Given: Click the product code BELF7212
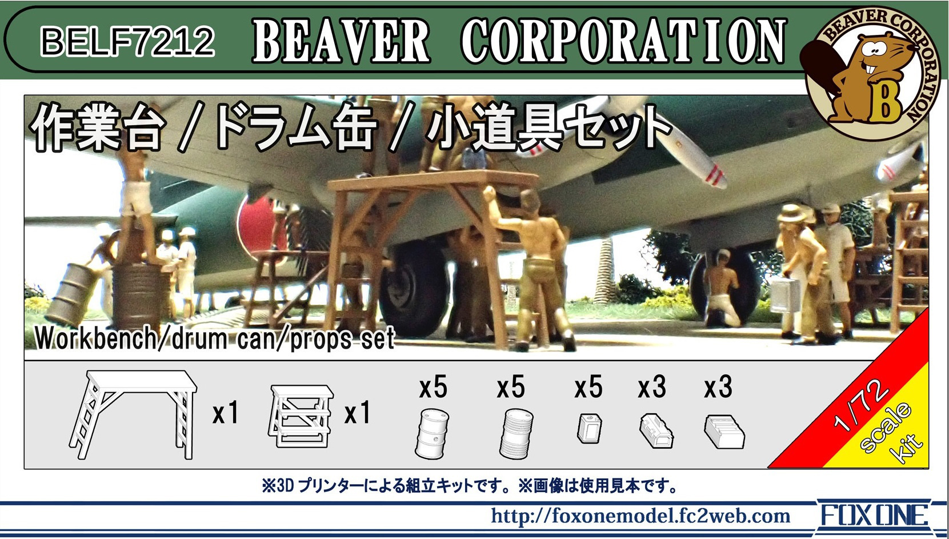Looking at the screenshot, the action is (x=127, y=41).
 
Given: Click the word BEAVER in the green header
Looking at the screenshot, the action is (x=341, y=42).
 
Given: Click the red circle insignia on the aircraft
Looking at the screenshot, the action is (x=259, y=225).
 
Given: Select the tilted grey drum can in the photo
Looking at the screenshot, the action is (x=72, y=293).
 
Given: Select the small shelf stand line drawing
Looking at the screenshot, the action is (x=301, y=416).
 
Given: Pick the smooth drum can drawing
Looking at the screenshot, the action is (x=432, y=433).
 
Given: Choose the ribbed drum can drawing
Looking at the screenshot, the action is (x=516, y=433).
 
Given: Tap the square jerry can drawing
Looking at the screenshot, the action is (x=589, y=428).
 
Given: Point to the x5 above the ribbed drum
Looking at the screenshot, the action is (x=511, y=387).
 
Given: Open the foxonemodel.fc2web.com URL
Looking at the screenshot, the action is (x=640, y=516).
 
